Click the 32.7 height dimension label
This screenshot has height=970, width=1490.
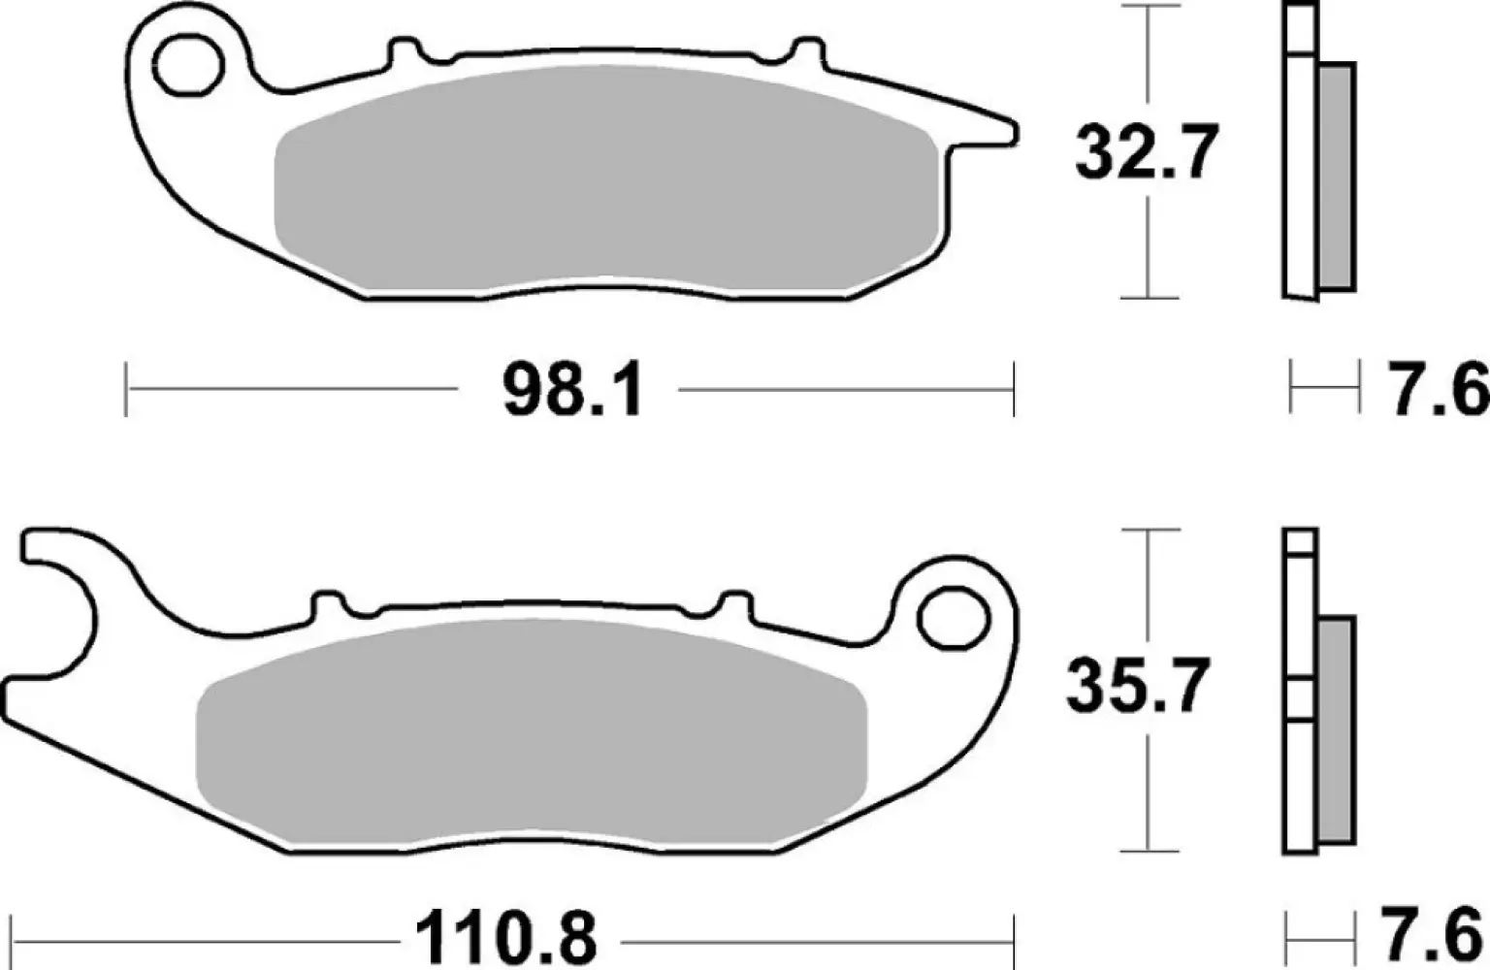1145,153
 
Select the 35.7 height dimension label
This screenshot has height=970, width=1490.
1138,686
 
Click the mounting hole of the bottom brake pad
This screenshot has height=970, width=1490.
953,619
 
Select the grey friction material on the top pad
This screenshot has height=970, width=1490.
606,184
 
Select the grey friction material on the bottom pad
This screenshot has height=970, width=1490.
529,732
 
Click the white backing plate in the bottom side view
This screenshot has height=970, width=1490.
1300,776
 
